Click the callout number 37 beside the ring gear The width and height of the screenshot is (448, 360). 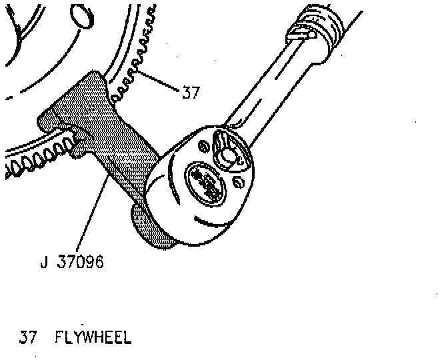click(x=190, y=93)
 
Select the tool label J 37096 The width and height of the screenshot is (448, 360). click(x=71, y=262)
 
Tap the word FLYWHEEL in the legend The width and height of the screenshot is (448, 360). click(x=93, y=337)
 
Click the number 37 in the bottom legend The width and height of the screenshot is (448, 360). click(x=28, y=337)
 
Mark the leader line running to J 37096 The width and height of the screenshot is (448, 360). click(x=90, y=213)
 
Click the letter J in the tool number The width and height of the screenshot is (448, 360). click(x=43, y=262)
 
